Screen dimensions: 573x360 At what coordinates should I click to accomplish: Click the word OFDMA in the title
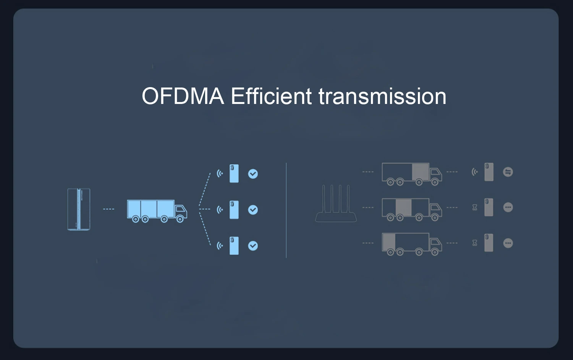183,96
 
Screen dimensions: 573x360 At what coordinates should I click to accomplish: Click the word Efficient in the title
271,96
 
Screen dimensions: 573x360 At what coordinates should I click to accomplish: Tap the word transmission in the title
382,96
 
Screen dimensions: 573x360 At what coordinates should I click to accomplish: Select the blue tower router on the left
79,209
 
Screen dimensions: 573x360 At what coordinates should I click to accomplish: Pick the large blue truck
157,211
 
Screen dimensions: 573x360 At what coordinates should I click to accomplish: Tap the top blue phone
234,174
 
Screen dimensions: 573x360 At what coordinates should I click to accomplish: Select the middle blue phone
234,210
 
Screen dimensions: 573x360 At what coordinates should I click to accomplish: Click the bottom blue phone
234,246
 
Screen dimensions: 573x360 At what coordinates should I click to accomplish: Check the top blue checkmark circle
253,174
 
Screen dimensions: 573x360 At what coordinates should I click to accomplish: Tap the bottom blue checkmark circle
253,246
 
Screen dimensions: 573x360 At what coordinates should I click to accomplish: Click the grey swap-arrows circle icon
508,172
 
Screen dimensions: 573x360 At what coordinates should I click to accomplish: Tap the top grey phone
489,172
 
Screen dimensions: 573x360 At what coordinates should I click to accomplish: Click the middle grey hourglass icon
475,208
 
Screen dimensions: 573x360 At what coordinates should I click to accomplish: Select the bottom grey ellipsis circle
508,243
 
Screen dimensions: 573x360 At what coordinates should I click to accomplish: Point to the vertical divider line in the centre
286,210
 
